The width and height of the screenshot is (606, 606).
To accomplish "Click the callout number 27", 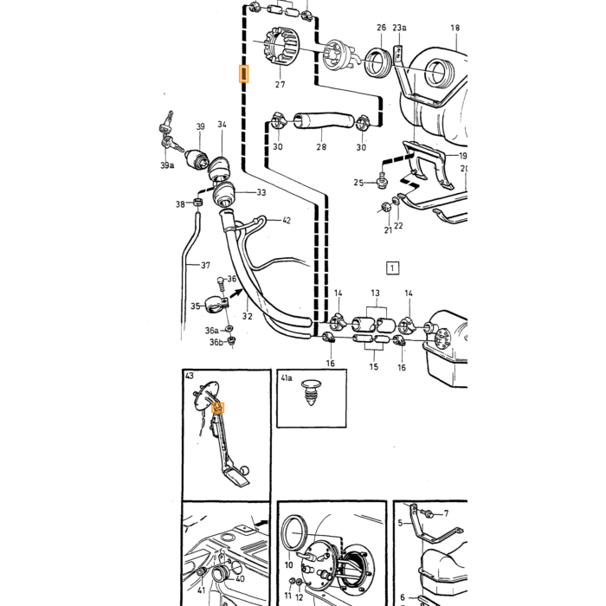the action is tap(280, 84).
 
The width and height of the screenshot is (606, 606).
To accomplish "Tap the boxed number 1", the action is tap(392, 268).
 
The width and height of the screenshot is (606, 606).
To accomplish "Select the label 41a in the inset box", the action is tap(287, 378).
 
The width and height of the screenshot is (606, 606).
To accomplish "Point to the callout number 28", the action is tap(321, 147).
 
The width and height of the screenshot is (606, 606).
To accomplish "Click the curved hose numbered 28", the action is tap(324, 120).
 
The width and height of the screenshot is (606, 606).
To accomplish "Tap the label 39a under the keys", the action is tap(167, 165).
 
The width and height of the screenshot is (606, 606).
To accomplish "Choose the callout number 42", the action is tap(287, 220).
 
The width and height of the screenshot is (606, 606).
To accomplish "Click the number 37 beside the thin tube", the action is tap(206, 265).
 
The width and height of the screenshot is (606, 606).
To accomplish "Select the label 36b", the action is tap(216, 343).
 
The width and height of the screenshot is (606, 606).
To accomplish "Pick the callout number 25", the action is tap(358, 183).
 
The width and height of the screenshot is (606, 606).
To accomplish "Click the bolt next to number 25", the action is tap(382, 182).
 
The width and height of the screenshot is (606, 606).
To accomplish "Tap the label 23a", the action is tap(399, 28).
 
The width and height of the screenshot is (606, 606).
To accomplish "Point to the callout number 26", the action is tap(381, 28).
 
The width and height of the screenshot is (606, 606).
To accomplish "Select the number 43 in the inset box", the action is tap(190, 376).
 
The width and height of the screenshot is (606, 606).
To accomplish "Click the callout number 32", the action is tap(248, 316).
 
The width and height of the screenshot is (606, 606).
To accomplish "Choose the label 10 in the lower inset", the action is tap(288, 565).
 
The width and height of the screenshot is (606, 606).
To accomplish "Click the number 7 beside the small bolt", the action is tap(446, 513).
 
